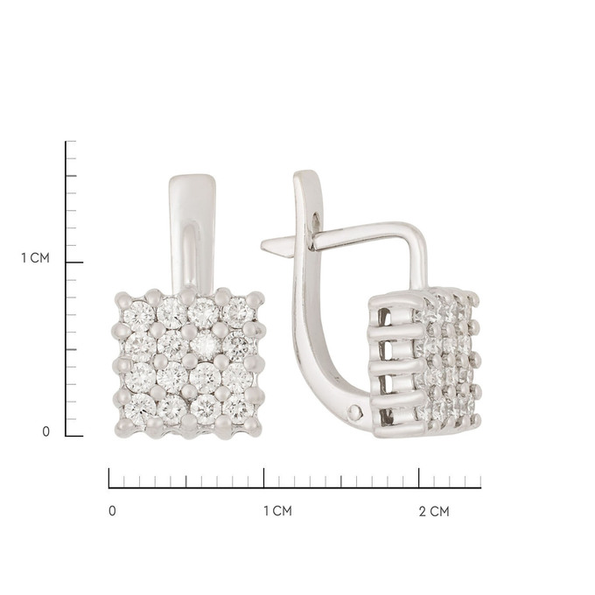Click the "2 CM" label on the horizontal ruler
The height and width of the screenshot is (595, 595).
(434, 512)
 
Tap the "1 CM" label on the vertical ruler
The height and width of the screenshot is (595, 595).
(35, 258)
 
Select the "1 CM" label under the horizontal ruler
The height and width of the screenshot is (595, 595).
(277, 511)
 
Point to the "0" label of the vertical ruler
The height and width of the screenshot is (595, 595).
(45, 432)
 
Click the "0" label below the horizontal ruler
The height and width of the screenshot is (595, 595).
(112, 511)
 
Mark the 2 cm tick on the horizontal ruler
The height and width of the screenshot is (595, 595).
(419, 478)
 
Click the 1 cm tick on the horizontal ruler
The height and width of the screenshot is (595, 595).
(263, 478)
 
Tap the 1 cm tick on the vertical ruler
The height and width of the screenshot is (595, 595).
(74, 262)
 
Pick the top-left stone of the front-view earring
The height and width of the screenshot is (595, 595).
(139, 316)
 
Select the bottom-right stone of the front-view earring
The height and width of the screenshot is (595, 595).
(237, 409)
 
